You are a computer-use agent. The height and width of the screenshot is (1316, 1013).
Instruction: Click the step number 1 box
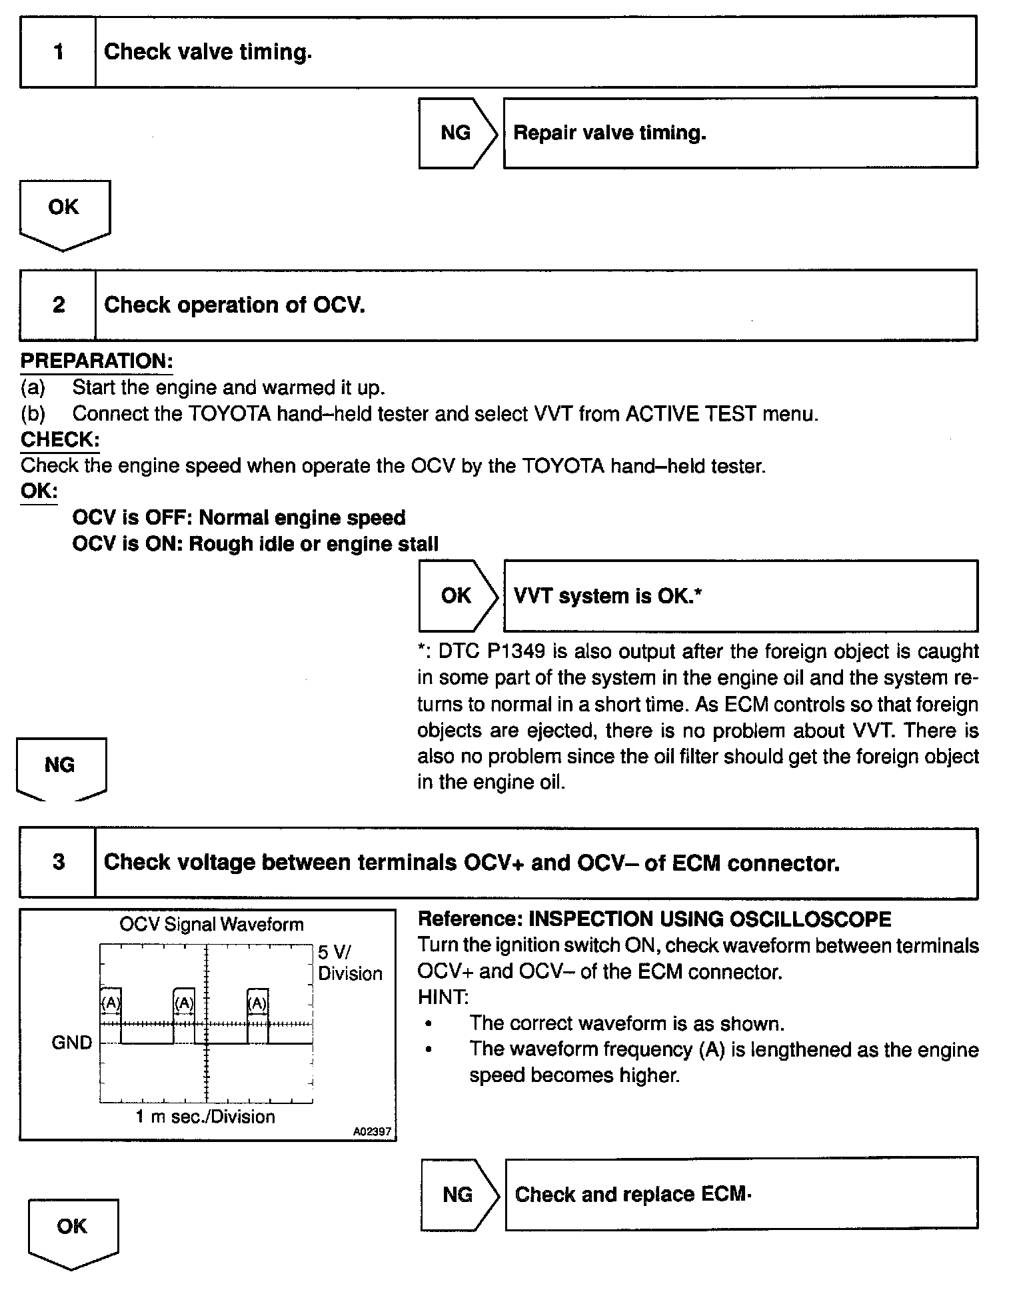pos(58,52)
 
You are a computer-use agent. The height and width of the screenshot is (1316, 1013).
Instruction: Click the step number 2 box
pos(58,305)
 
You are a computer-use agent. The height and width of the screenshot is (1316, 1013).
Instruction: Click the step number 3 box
pos(58,863)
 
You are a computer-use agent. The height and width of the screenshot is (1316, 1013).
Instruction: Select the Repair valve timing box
pos(740,133)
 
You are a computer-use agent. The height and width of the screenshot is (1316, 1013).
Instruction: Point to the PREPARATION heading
pos(97,361)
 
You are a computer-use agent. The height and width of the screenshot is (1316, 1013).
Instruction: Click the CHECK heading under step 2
pos(60,440)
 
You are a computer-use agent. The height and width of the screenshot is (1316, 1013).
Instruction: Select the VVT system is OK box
pos(740,596)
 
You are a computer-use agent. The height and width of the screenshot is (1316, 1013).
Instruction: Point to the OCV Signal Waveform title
pos(211,925)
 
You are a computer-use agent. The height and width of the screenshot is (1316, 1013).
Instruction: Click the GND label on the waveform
pos(71,1043)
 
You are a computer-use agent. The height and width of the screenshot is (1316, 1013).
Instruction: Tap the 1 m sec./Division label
pos(205,1117)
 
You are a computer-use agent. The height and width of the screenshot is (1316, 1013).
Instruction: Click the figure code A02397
pos(372,1131)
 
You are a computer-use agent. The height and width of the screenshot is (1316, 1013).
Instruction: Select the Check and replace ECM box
pos(741,1194)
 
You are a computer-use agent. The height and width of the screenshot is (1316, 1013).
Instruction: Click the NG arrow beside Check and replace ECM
pos(459,1194)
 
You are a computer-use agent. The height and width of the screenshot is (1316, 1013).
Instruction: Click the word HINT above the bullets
pos(443,997)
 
